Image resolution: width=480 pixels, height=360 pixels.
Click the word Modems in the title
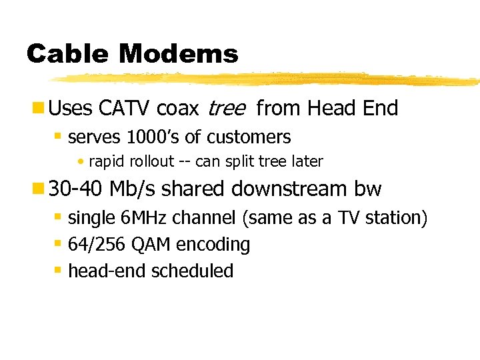point(184,53)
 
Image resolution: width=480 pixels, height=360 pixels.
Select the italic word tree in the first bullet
point(226,108)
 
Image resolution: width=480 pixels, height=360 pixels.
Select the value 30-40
point(76,189)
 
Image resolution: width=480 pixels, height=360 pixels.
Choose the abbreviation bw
point(368,189)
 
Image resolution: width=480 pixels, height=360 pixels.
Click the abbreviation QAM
point(151,245)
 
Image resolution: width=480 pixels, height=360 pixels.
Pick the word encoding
point(213,245)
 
